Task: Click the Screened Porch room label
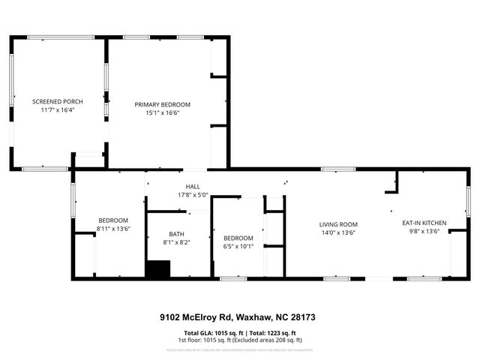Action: tap(57, 101)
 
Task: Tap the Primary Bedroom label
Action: tap(163, 104)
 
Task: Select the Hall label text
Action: tap(193, 187)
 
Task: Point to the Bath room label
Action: tap(176, 234)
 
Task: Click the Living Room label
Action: tap(338, 224)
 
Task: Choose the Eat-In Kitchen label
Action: tap(424, 223)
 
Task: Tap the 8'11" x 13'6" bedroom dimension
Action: tap(113, 229)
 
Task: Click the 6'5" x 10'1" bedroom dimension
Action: tap(238, 246)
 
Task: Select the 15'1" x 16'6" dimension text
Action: tap(163, 112)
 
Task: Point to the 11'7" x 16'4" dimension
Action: tap(57, 109)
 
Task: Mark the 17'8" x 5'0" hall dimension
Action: tap(193, 195)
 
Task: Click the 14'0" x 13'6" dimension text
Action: tap(338, 232)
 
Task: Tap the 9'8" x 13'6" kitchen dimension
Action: tap(424, 232)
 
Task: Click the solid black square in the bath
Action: tap(157, 268)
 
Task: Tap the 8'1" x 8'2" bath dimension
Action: tap(176, 242)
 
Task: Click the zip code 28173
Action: tap(303, 317)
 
